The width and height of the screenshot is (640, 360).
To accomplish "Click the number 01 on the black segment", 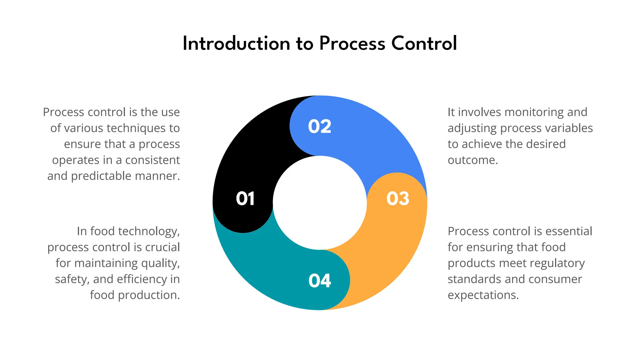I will pos(245,199).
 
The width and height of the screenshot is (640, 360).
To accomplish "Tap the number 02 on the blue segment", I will pos(319,127).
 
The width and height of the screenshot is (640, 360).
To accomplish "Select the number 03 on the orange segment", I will pos(397,199).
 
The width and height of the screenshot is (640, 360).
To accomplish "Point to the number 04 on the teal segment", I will pos(319,281).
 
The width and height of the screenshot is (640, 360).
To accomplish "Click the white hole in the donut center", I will pos(320,203).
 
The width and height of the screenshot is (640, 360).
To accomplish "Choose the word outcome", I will pos(472,160).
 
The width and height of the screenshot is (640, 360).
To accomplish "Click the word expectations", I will pos(483,295).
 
